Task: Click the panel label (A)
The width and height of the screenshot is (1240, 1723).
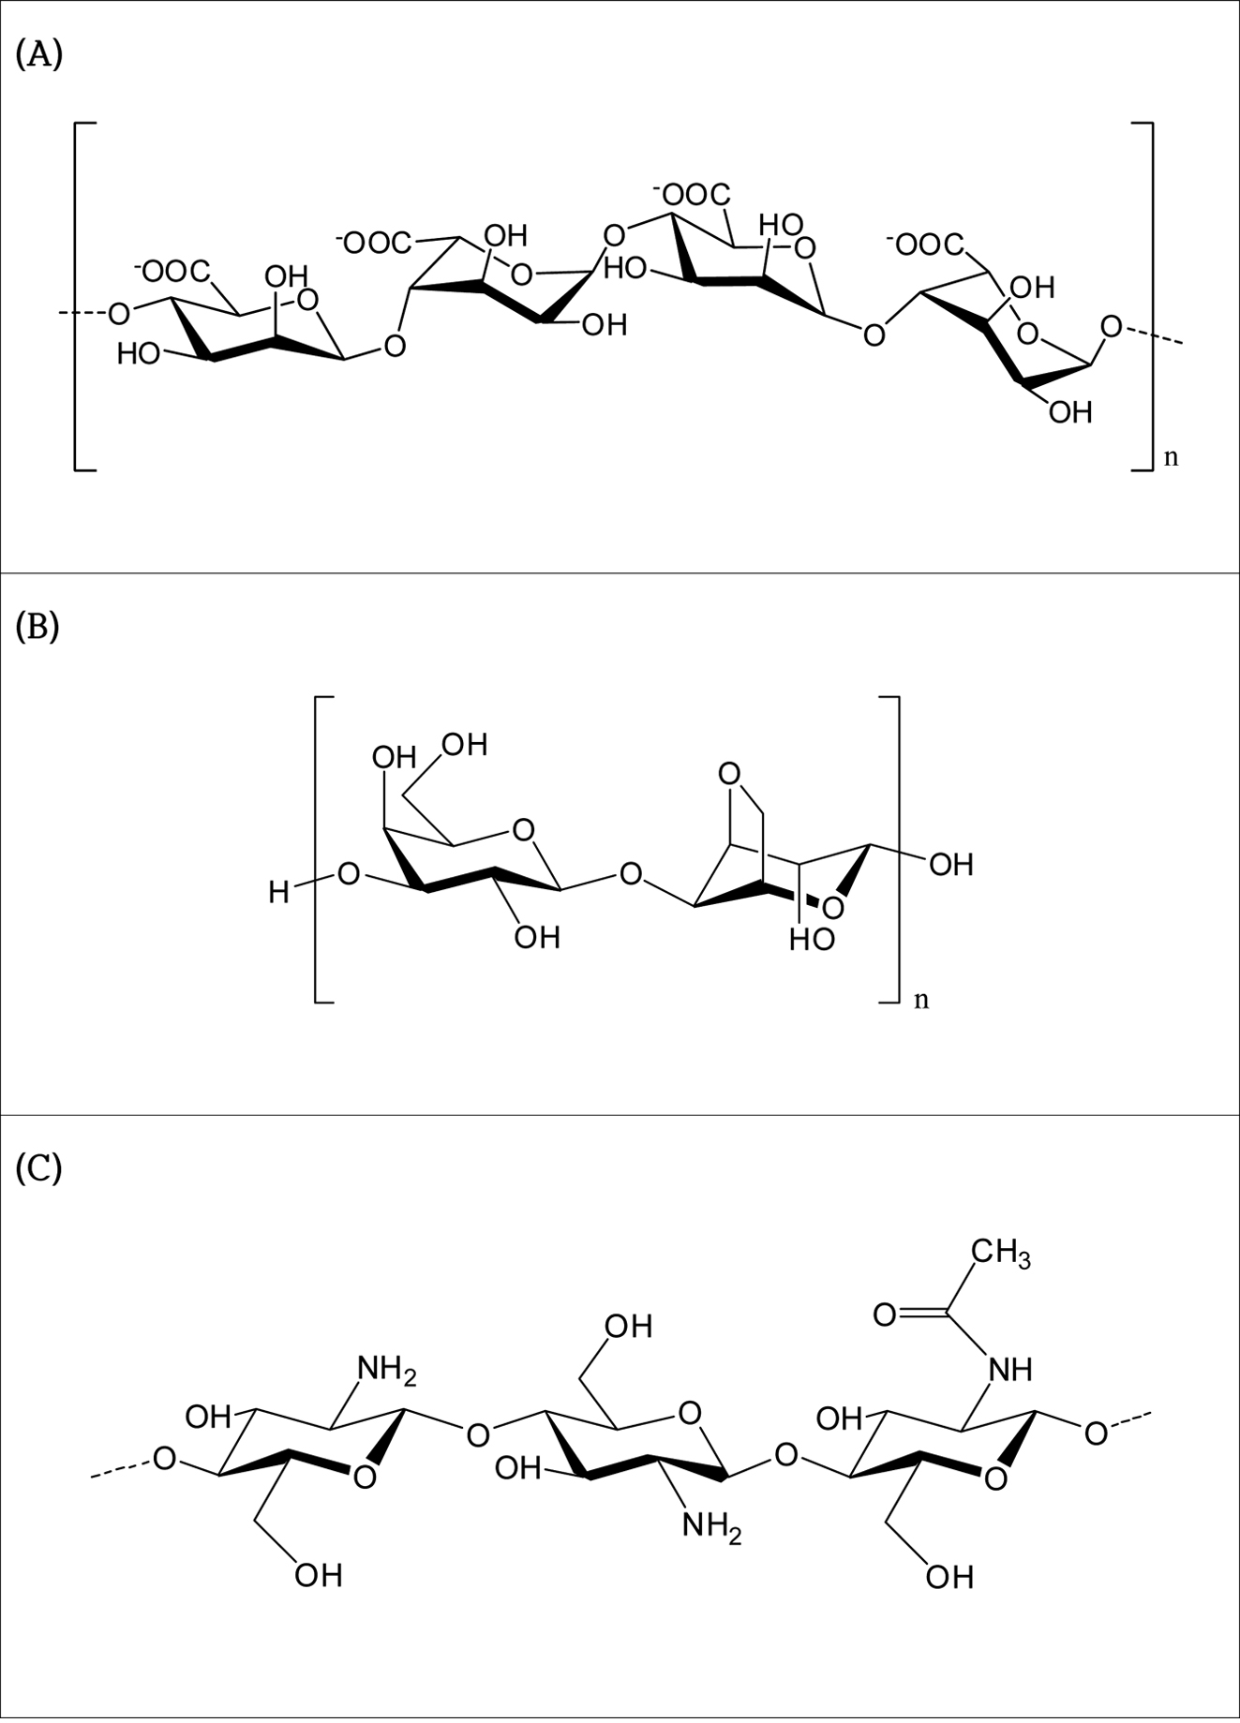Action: coord(39,55)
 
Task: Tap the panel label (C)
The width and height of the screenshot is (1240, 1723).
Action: coord(39,1168)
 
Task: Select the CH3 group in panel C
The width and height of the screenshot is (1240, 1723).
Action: coord(1000,1252)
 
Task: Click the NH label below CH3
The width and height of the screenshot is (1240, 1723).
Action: coord(1010,1370)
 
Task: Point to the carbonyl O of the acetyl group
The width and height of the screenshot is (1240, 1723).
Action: coord(885,1315)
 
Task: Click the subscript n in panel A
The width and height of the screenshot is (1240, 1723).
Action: coord(1171,458)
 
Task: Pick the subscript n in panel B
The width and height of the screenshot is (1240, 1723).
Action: coord(921,1000)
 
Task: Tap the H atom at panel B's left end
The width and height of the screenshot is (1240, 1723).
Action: coord(278,893)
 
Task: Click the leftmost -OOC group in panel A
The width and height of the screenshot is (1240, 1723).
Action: coord(174,272)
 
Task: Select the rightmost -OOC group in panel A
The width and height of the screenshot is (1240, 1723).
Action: coord(925,245)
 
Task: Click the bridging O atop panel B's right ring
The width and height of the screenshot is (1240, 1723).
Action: coord(728,774)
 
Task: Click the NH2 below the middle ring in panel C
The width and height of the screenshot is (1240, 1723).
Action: coord(711,1526)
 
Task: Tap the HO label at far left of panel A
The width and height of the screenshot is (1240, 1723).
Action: coord(139,354)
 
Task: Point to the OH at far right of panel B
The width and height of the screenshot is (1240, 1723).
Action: coord(951,864)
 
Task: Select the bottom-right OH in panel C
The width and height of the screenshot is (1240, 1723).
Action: coord(949,1578)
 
